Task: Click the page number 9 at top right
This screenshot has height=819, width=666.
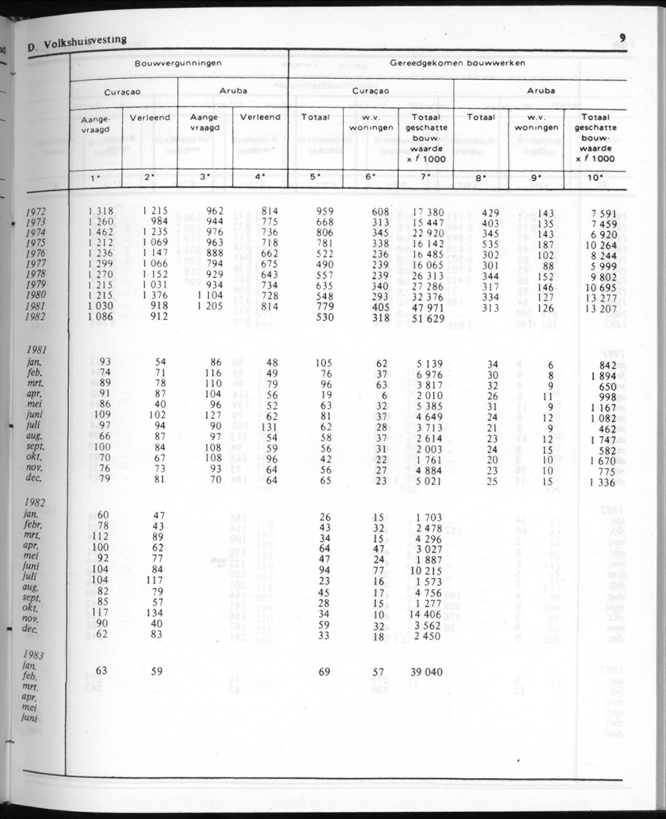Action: click(621, 38)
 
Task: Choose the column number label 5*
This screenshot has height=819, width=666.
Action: click(316, 177)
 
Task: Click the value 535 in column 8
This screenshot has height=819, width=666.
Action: click(490, 244)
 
